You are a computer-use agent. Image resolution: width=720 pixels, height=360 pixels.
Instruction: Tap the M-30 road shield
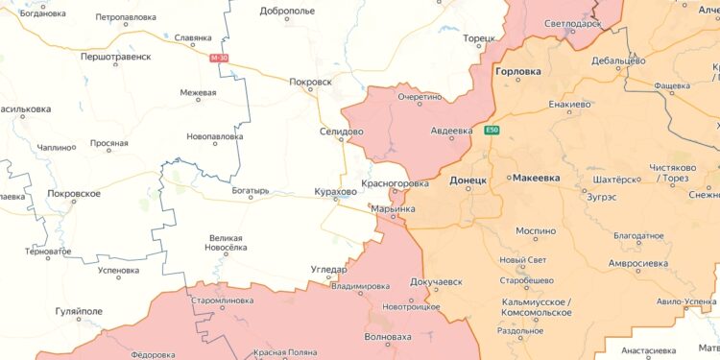point(219,59)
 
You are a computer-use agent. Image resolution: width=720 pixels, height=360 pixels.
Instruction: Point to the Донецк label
point(468,180)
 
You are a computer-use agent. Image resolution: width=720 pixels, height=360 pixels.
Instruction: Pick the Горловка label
point(517,72)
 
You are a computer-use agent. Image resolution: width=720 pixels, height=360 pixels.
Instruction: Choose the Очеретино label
point(420,97)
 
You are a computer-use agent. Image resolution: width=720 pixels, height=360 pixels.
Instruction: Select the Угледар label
point(328,270)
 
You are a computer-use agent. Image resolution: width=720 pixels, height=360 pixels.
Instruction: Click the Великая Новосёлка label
point(228,243)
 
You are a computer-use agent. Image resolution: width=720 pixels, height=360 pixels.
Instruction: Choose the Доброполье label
point(288,12)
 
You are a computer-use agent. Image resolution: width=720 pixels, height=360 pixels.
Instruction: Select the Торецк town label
point(477,39)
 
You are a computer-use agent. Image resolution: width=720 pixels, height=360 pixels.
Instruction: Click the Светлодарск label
point(571,23)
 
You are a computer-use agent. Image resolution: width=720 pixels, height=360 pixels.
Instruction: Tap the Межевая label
point(198,93)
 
